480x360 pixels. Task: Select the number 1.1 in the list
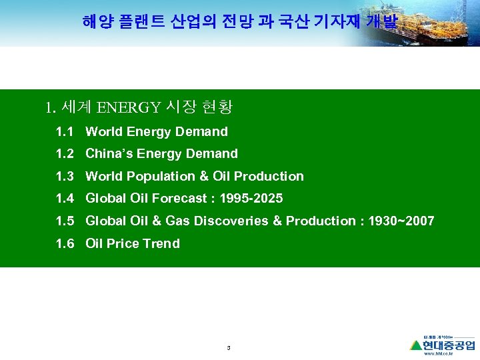tap(65, 132)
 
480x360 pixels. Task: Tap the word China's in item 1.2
tap(107, 154)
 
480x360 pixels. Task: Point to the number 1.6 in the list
tap(65, 243)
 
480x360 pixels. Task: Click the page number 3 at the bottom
tap(229, 348)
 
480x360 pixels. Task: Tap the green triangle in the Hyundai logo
tap(417, 345)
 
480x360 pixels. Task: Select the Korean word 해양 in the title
tap(97, 22)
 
